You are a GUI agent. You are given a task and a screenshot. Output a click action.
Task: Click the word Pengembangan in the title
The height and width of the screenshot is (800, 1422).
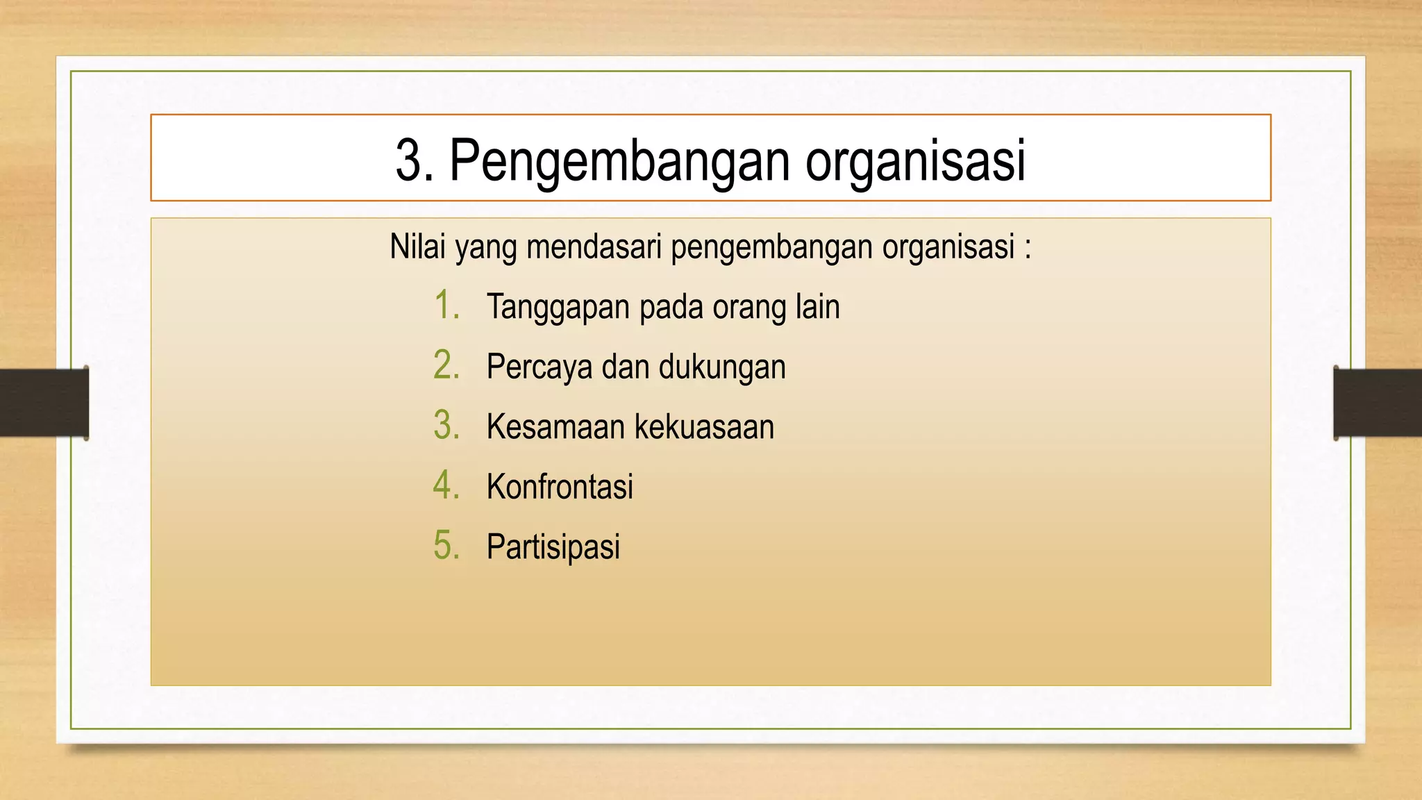click(620, 161)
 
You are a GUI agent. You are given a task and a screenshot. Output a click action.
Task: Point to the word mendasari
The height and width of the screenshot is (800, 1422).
click(594, 247)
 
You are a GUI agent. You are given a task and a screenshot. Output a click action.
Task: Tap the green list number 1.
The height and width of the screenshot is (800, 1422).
click(446, 306)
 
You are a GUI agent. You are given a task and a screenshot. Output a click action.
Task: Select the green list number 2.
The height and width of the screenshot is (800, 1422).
click(446, 365)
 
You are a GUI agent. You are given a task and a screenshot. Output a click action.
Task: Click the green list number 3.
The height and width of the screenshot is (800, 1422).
click(446, 425)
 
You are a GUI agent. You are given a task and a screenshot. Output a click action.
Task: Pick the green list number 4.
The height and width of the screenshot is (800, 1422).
click(446, 485)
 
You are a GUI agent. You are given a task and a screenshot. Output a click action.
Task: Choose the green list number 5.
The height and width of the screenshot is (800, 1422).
click(446, 545)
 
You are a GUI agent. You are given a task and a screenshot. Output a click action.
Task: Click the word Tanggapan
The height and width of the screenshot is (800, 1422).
click(558, 308)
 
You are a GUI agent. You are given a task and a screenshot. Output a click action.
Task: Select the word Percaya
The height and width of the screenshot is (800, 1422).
click(539, 367)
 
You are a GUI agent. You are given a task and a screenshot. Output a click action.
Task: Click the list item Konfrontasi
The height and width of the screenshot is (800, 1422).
click(560, 486)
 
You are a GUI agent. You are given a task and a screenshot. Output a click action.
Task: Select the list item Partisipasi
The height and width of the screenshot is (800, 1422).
click(553, 547)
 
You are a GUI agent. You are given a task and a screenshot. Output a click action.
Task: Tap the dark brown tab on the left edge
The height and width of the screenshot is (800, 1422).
click(44, 403)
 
